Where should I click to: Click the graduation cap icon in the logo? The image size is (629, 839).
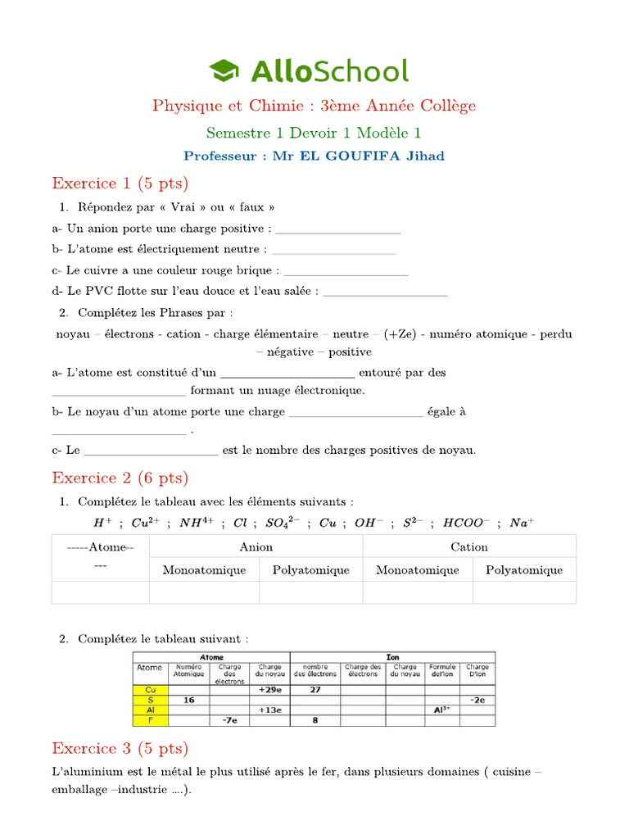[226, 70]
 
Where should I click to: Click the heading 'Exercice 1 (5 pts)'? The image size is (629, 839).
[120, 182]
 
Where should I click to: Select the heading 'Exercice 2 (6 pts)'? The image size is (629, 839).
[120, 477]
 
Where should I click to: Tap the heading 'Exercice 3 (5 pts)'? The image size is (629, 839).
[120, 748]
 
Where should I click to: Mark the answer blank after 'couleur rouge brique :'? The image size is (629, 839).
[345, 270]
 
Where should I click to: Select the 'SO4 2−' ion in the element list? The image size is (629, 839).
[282, 523]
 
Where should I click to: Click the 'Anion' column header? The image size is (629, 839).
[256, 546]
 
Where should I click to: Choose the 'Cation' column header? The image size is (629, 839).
[469, 546]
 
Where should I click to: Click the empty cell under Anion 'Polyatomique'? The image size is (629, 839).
[311, 592]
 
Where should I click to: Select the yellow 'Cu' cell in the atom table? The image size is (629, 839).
[150, 690]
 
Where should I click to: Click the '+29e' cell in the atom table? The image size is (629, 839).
[270, 690]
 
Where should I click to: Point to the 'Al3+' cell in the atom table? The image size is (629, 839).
[442, 710]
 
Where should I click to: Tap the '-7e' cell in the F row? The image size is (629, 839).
[230, 720]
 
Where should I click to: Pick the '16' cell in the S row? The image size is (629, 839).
[189, 700]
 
